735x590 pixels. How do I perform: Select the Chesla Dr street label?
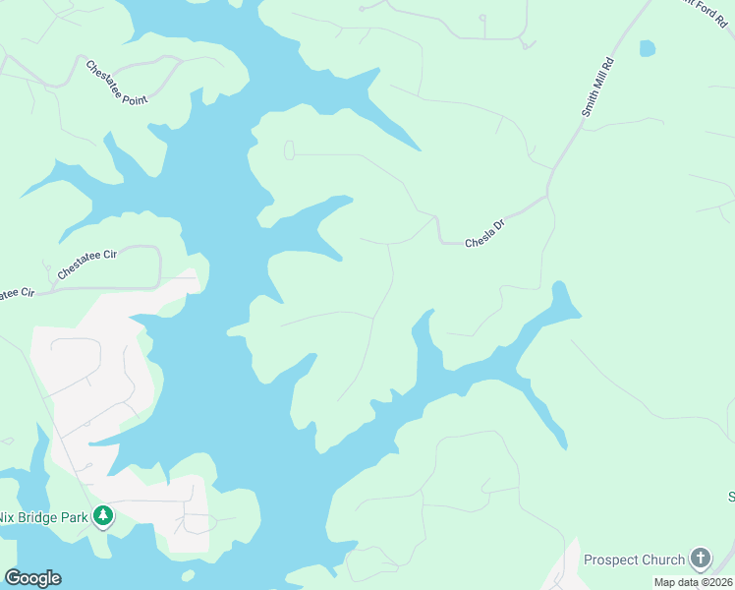484,234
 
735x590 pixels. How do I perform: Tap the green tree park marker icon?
103,515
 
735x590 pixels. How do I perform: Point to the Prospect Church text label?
634,560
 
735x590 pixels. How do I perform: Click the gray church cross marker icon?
700,560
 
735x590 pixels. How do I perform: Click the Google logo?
32,578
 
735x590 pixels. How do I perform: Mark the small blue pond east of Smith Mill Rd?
647,48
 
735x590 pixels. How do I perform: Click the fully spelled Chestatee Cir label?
86,266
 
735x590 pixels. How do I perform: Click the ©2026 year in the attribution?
714,583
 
